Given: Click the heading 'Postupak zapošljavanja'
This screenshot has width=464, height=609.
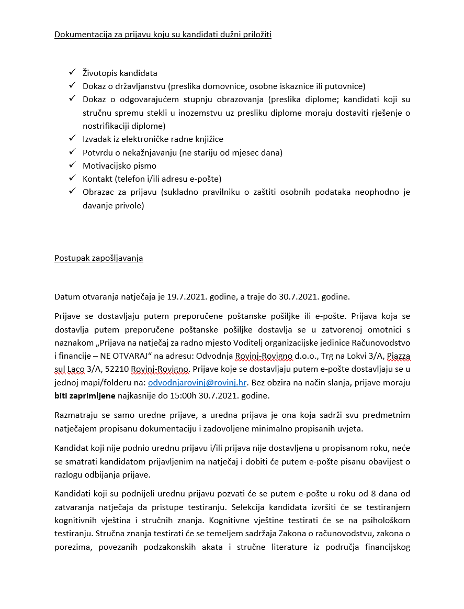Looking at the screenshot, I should (x=99, y=258).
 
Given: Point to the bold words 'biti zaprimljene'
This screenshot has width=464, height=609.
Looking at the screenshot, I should (x=85, y=396).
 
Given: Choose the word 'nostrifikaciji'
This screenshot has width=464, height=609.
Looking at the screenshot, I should (x=107, y=126).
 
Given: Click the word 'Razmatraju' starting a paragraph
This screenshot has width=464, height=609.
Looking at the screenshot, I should (x=76, y=415).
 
